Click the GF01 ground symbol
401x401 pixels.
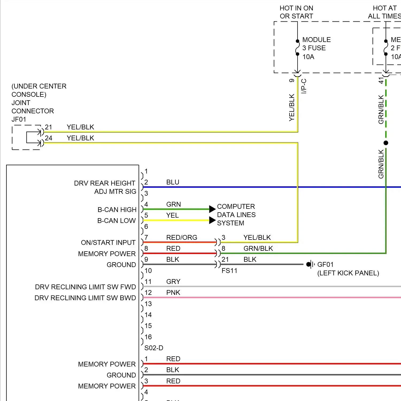coord(310,264)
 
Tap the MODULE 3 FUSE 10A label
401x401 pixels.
coord(316,48)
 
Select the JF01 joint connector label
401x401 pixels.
coord(19,119)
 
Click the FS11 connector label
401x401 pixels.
coord(229,271)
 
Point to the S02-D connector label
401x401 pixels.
coord(154,348)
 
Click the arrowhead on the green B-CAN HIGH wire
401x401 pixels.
coord(212,209)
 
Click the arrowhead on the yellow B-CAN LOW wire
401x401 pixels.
coord(212,220)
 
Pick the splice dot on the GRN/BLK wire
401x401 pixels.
coord(386,143)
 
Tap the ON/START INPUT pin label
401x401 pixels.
coord(108,242)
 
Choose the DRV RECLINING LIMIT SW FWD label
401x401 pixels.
coord(85,287)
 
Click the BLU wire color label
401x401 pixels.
coord(173,182)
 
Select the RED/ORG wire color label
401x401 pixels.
coord(182,237)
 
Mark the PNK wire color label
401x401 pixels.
coord(173,292)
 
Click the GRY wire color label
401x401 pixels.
coord(173,282)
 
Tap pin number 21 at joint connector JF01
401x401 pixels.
coord(48,127)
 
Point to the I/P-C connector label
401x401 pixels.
coord(304,86)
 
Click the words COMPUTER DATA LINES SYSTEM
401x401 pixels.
coord(236,215)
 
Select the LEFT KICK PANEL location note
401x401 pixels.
coord(348,273)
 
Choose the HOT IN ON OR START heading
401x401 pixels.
coord(296,12)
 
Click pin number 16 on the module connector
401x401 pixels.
coord(148,337)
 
